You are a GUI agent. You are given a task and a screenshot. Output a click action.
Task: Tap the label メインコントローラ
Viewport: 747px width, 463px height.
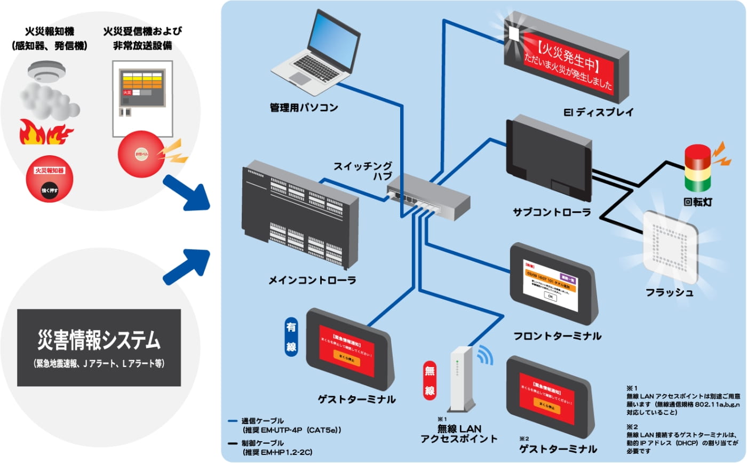[x=313, y=280]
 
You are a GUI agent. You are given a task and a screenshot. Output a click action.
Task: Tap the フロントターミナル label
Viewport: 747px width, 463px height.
[x=557, y=336]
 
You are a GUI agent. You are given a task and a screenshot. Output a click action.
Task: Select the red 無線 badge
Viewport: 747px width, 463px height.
[x=430, y=381]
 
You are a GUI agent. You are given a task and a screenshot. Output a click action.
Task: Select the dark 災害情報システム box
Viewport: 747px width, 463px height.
[x=99, y=347]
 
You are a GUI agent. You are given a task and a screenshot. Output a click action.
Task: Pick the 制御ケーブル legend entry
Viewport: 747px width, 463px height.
[x=277, y=447]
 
